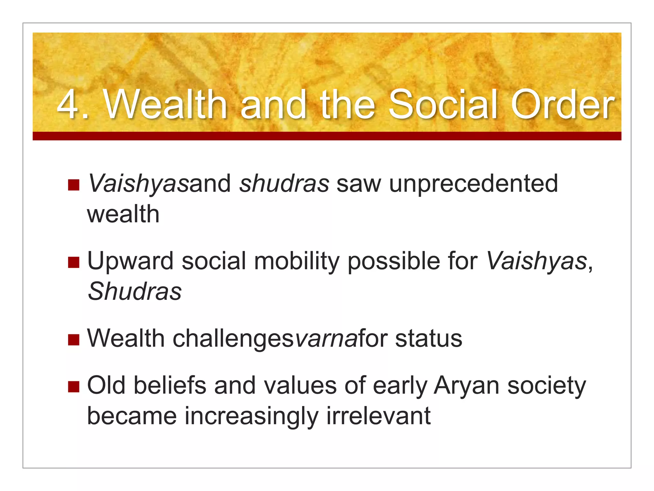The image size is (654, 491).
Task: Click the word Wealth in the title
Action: [165, 105]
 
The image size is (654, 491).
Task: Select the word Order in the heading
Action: [562, 105]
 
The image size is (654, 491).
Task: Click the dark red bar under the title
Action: [327, 136]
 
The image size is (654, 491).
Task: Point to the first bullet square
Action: [73, 185]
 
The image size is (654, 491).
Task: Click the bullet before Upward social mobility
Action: [73, 262]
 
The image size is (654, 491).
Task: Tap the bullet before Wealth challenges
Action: [73, 340]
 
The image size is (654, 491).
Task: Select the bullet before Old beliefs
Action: [73, 386]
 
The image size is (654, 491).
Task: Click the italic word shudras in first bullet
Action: [284, 184]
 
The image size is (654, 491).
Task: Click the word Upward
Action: [130, 261]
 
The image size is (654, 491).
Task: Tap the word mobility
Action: [297, 261]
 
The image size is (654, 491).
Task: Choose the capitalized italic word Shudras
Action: [134, 292]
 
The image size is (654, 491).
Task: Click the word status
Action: [429, 339]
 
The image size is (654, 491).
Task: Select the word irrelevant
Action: [379, 416]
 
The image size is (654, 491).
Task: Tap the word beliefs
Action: [170, 385]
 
